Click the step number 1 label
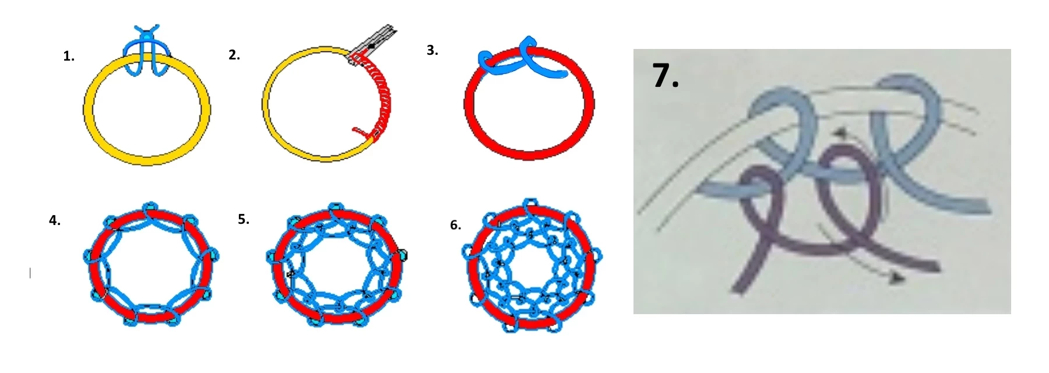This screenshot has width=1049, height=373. [69, 57]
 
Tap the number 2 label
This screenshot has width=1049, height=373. [234, 55]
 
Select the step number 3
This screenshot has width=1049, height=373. [432, 51]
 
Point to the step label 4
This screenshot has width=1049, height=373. [55, 220]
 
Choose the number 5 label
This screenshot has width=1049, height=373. [244, 219]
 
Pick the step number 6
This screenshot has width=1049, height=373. [456, 225]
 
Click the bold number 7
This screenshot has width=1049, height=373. [666, 76]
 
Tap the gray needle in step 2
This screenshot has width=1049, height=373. [372, 44]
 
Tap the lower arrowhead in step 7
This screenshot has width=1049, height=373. [898, 279]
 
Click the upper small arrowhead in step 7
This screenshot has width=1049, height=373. [840, 133]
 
